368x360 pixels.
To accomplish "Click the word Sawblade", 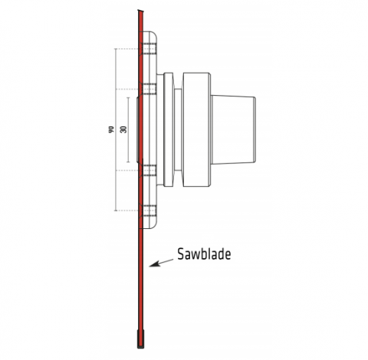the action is (x=204, y=254).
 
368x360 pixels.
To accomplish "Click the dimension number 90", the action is (x=111, y=129).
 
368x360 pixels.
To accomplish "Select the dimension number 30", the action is (x=123, y=129).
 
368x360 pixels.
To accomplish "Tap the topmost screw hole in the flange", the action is (x=148, y=48).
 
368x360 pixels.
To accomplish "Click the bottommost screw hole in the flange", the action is (x=148, y=211).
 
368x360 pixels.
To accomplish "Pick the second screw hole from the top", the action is (x=148, y=89).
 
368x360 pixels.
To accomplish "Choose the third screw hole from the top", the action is (x=148, y=170).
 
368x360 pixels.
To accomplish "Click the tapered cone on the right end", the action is (x=233, y=129).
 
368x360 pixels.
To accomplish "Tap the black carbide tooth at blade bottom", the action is (x=140, y=339).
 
